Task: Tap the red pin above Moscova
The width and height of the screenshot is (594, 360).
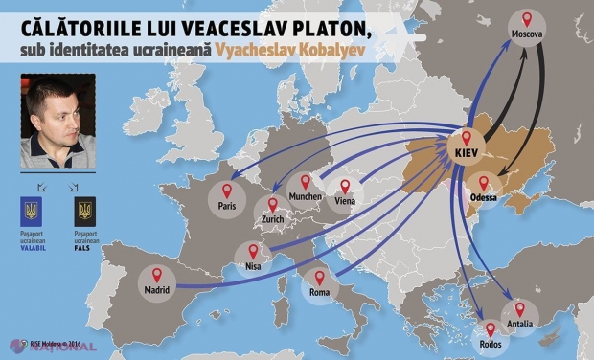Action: click(527, 19)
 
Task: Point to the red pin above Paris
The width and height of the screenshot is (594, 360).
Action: click(226, 189)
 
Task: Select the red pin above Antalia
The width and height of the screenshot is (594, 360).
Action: click(519, 309)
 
